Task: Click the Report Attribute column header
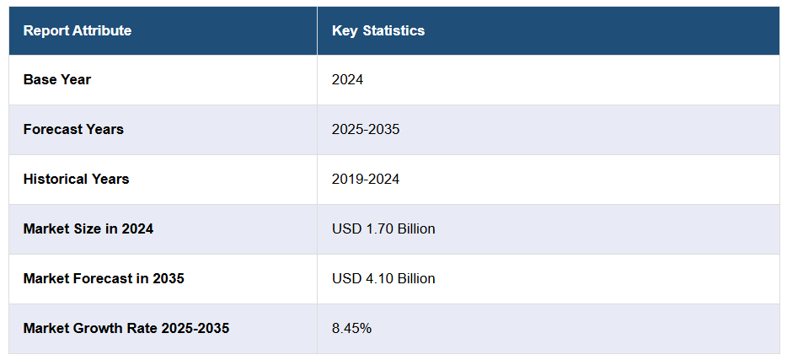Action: pyautogui.click(x=78, y=31)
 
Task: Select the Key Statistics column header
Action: pyautogui.click(x=378, y=31)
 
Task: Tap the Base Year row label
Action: pyautogui.click(x=57, y=80)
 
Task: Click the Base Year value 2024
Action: pyautogui.click(x=347, y=80)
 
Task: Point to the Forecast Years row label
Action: pyautogui.click(x=73, y=130)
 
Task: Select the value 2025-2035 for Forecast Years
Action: pyautogui.click(x=366, y=130)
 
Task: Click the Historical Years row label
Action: pyautogui.click(x=76, y=179)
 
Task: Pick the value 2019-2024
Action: pyautogui.click(x=366, y=179)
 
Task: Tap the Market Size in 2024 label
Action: pyautogui.click(x=88, y=228)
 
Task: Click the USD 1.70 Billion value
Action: pyautogui.click(x=383, y=228)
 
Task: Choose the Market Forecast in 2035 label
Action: pyautogui.click(x=104, y=278)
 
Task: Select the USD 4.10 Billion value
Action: pyautogui.click(x=383, y=278)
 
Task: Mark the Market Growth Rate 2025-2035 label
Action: pyautogui.click(x=126, y=328)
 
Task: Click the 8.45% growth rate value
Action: pyautogui.click(x=351, y=328)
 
